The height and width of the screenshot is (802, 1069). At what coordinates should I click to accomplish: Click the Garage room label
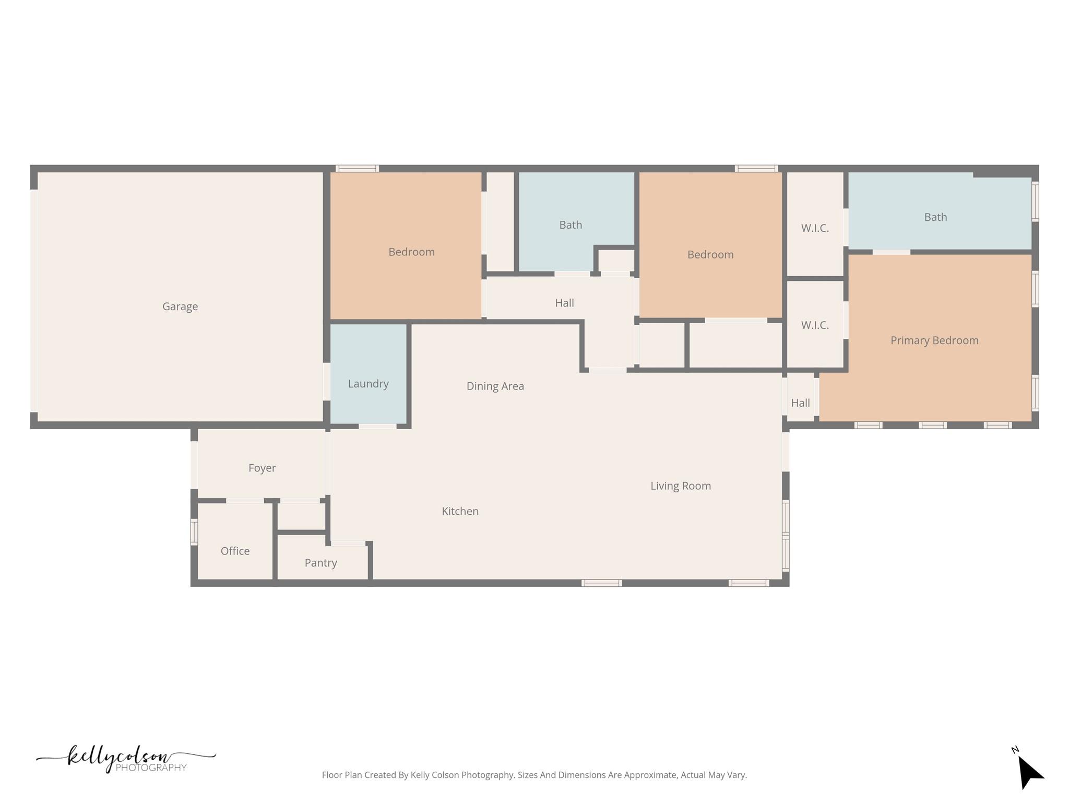[180, 306]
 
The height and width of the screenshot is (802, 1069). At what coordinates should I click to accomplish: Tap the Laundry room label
[369, 384]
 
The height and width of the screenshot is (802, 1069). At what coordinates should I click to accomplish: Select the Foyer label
[262, 468]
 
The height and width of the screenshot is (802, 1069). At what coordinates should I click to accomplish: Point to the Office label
[235, 551]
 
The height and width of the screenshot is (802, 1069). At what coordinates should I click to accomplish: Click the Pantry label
[321, 563]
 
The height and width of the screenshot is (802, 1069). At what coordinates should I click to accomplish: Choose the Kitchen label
[460, 511]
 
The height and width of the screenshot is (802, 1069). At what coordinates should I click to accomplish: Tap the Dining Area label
[495, 386]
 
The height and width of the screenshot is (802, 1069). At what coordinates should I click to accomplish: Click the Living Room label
[681, 486]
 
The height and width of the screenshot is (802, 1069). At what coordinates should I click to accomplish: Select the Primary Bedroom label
[934, 340]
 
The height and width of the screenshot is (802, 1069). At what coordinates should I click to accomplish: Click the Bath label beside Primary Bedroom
[935, 217]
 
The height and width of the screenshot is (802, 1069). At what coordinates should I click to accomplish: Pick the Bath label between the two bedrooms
[571, 225]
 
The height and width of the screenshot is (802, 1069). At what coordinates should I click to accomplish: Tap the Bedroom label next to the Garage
[412, 252]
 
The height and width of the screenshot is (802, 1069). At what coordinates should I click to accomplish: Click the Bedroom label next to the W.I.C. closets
[710, 255]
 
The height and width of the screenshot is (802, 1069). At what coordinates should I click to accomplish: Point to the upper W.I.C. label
[815, 228]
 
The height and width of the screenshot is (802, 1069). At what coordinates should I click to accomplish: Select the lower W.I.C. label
[815, 325]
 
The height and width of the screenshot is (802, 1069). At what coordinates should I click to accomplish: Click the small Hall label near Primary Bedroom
[801, 403]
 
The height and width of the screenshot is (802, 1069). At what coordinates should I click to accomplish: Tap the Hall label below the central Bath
[565, 303]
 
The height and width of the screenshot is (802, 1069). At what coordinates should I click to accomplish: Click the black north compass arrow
[1030, 772]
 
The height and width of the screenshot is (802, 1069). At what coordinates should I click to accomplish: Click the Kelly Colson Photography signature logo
[126, 759]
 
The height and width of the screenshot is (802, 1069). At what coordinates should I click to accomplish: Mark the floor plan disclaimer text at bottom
[534, 775]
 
